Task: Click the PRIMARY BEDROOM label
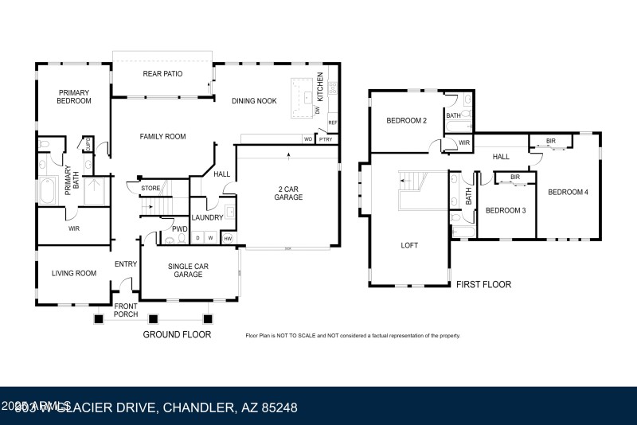coord(74,97)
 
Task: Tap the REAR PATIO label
coord(162,74)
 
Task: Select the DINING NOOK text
coord(253,101)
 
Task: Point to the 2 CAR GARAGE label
coord(288,193)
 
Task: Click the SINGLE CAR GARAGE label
coord(190,270)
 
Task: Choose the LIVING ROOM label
coord(74,273)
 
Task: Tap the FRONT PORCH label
coord(127,310)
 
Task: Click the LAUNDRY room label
coord(208,216)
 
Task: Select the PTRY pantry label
coord(325,139)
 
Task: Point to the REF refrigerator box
coord(333,123)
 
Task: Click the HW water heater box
coord(228,238)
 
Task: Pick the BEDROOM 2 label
coord(407,121)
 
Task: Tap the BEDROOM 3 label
coord(506,210)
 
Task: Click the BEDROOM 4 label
coord(568,192)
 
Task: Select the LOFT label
coord(409,245)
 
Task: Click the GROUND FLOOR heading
coord(177,334)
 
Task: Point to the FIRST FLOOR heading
coord(483,284)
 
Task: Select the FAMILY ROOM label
coord(162,137)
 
